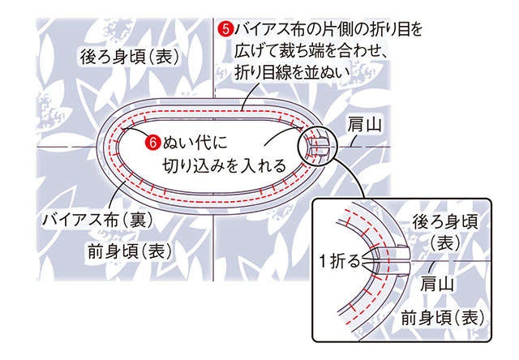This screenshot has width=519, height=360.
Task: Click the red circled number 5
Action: (225, 29)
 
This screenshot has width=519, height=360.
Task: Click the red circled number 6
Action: (152, 143)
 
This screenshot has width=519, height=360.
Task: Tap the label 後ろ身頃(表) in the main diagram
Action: (130, 57)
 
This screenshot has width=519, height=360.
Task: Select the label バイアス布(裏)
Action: (98, 220)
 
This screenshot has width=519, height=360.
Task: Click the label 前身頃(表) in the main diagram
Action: (131, 251)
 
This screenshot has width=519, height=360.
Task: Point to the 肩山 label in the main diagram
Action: (364, 125)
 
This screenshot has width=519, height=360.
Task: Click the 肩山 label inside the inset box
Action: (437, 284)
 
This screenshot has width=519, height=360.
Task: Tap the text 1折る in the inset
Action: (340, 261)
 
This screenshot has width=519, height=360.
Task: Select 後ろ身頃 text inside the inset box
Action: (445, 222)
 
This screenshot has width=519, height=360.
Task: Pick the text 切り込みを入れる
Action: (224, 165)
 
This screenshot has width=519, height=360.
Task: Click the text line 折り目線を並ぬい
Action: (292, 72)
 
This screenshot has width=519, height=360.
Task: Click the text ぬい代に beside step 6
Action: (195, 144)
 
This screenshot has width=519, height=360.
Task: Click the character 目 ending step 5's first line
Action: (399, 29)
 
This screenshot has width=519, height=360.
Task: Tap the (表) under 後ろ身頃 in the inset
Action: (445, 243)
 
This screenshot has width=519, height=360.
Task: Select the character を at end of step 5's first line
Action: (414, 29)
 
